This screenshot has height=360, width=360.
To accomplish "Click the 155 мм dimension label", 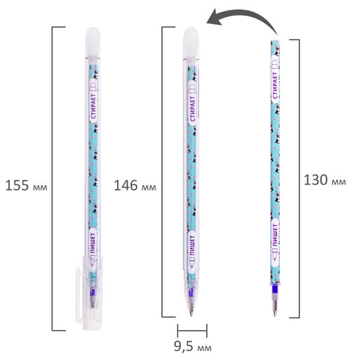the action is click(x=26, y=186).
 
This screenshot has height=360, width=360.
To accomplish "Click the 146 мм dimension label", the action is click(x=135, y=186).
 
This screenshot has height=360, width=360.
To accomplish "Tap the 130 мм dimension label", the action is click(x=325, y=180).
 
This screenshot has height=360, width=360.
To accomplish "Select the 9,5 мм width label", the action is click(x=193, y=346).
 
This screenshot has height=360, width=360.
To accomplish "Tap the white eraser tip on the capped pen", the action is click(x=93, y=41).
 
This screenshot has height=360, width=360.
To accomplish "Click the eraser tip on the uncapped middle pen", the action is click(x=190, y=43).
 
